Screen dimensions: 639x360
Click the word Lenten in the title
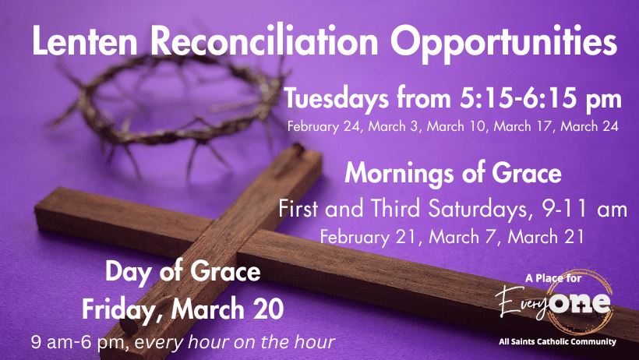click(x=85, y=41)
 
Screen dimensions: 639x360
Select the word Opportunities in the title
click(x=503, y=44)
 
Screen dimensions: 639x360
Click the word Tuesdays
click(x=336, y=99)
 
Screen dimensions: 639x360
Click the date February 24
click(x=324, y=126)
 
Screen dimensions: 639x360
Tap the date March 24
click(x=590, y=126)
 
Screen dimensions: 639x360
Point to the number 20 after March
click(x=270, y=309)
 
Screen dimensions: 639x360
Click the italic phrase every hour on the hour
click(x=235, y=343)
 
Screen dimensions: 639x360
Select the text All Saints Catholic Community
click(x=557, y=341)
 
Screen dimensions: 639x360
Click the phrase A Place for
click(x=553, y=278)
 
